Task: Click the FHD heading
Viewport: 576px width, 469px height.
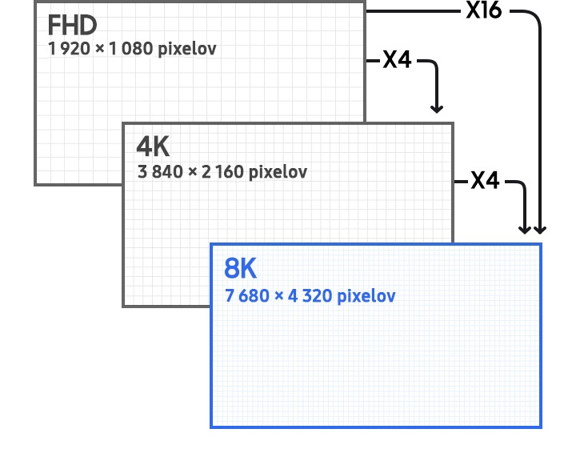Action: click(x=72, y=26)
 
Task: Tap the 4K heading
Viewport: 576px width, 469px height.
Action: click(x=153, y=146)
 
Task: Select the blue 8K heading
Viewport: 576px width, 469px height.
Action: click(x=240, y=268)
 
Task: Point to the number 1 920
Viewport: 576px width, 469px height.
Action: click(x=69, y=49)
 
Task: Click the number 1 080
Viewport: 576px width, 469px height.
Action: click(x=130, y=49)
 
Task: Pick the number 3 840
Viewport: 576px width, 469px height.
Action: click(x=160, y=171)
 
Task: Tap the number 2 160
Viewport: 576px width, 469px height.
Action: click(x=222, y=171)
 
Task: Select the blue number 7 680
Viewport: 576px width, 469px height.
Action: click(x=247, y=296)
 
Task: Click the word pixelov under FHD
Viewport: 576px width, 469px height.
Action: click(x=187, y=50)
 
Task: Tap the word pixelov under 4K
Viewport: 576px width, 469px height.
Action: click(x=278, y=172)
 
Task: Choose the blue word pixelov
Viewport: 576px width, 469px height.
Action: click(x=366, y=297)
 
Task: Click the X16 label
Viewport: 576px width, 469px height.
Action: click(x=484, y=10)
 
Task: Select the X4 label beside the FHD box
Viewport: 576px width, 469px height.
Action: click(x=397, y=59)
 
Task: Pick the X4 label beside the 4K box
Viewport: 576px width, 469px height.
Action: click(x=485, y=180)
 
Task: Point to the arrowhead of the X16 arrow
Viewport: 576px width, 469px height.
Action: click(x=540, y=230)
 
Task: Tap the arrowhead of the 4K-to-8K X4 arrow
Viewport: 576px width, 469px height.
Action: click(x=525, y=230)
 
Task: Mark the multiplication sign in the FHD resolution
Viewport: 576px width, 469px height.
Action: click(x=99, y=49)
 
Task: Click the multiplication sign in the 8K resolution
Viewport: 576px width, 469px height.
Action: click(x=279, y=296)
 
